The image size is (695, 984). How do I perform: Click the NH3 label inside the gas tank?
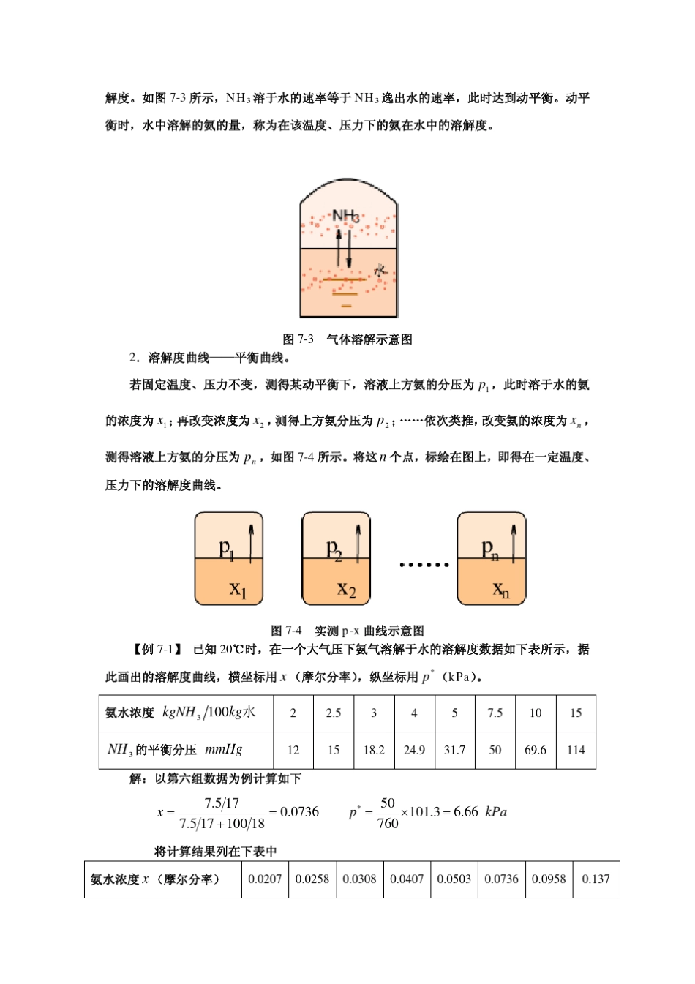click(345, 216)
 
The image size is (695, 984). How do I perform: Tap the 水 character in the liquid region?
click(380, 271)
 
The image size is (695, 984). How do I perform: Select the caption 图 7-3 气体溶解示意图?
click(347, 339)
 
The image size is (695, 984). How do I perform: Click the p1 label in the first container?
click(227, 548)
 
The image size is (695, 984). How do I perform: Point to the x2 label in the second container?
click(346, 589)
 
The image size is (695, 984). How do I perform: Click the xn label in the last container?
click(500, 589)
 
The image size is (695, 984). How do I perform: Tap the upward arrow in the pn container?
click(514, 544)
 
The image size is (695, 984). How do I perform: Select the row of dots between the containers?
click(424, 565)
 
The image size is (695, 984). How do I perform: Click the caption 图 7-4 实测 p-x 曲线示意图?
click(347, 631)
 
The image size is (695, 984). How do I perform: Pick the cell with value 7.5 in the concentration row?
click(495, 713)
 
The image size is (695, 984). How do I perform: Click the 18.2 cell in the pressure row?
click(374, 750)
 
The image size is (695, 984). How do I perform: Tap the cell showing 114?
click(576, 750)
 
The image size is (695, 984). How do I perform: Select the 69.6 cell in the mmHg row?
click(536, 750)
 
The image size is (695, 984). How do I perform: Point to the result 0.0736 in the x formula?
click(300, 812)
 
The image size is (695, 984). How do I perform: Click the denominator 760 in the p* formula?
click(388, 823)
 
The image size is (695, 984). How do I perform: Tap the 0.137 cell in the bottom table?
click(596, 879)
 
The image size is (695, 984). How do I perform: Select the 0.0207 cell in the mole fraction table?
click(265, 879)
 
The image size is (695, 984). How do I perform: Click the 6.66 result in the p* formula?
click(466, 812)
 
